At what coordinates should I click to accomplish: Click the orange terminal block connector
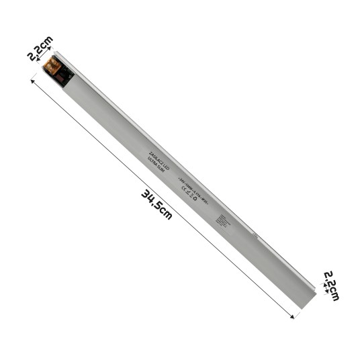[52, 64]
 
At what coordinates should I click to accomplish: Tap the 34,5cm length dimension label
[156, 204]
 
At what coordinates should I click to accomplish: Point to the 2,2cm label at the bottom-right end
[332, 285]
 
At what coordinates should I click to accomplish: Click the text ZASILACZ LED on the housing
[159, 159]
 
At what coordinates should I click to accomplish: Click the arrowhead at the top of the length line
[32, 80]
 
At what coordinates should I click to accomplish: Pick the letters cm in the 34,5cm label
[166, 214]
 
